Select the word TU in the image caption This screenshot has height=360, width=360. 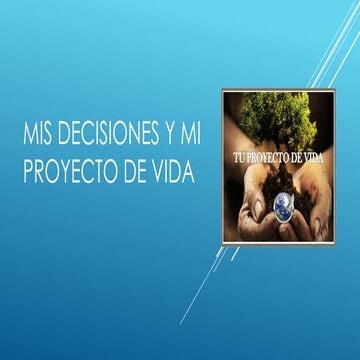click(237, 158)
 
